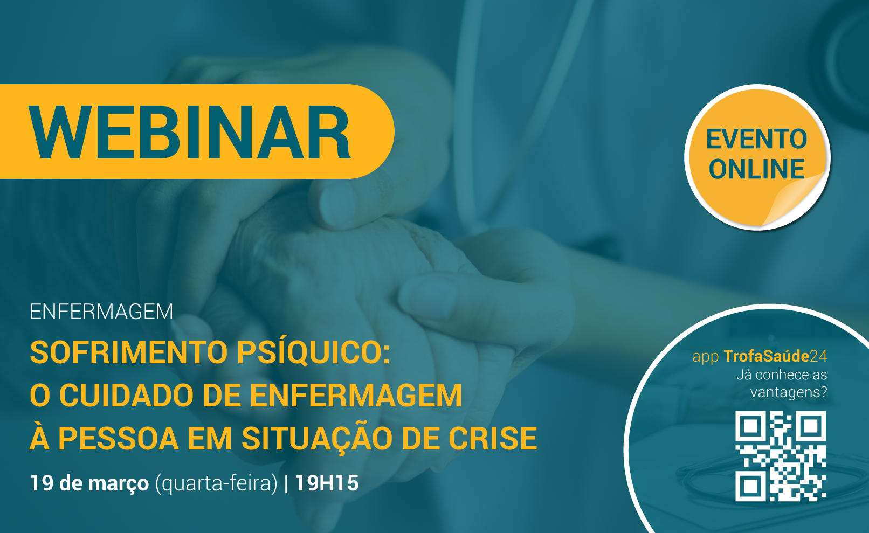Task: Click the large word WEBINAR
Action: pyautogui.click(x=190, y=132)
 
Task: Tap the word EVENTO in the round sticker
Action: pyautogui.click(x=756, y=139)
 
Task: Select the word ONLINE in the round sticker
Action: pyautogui.click(x=756, y=169)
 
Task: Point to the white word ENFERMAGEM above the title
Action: pyautogui.click(x=101, y=312)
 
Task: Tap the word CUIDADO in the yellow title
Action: pyautogui.click(x=126, y=395)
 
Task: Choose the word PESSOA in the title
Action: pyautogui.click(x=118, y=438)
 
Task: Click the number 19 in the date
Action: pyautogui.click(x=42, y=483)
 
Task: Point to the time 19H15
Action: pyautogui.click(x=327, y=483)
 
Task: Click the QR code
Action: pyautogui.click(x=781, y=456)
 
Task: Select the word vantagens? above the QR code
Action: pyautogui.click(x=789, y=392)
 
